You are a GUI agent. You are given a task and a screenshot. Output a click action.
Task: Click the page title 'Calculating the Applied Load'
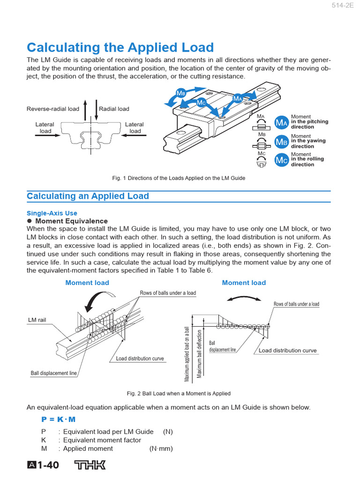pyautogui.click(x=120, y=47)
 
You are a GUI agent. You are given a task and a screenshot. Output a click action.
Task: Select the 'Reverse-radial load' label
pyautogui.click(x=53, y=109)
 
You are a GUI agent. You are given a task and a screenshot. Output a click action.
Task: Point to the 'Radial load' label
pyautogui.click(x=114, y=109)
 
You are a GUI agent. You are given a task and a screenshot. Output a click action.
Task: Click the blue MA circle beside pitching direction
pyautogui.click(x=281, y=123)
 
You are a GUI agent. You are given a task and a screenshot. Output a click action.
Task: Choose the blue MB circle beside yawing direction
pyautogui.click(x=281, y=142)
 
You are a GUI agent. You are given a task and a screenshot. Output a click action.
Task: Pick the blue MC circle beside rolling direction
pyautogui.click(x=281, y=160)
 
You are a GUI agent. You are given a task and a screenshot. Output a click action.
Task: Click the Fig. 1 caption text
pyautogui.click(x=179, y=178)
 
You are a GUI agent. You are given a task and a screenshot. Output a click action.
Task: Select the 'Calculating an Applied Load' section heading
pyautogui.click(x=88, y=196)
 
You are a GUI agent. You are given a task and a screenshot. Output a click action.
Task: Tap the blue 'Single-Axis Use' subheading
pyautogui.click(x=52, y=213)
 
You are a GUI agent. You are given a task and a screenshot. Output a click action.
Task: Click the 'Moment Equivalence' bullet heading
pyautogui.click(x=71, y=221)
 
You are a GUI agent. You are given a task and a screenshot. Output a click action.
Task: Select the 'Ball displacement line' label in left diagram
pyautogui.click(x=54, y=373)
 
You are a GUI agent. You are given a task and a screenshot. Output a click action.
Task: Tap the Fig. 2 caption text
pyautogui.click(x=179, y=393)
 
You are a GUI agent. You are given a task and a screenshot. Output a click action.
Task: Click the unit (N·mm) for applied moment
pyautogui.click(x=161, y=449)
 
